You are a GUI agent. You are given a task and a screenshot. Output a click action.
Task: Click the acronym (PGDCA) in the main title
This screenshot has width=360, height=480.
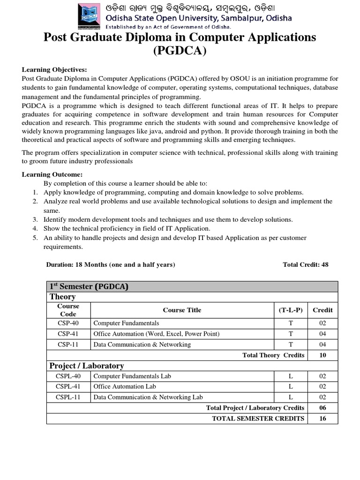[x=180, y=50]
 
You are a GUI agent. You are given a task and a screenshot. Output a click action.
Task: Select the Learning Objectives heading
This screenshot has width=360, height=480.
[x=54, y=69]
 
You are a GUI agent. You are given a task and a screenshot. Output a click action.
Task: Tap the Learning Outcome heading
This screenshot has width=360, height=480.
[x=52, y=174]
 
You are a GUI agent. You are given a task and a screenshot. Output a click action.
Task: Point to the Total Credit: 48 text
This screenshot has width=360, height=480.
[x=306, y=264]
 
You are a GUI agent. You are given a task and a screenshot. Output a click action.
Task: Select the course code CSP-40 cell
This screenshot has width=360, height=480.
[x=68, y=323]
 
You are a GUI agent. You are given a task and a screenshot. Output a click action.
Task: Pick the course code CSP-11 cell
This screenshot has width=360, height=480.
[x=68, y=345]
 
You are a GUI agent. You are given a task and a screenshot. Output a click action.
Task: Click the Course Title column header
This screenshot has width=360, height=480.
[x=182, y=310]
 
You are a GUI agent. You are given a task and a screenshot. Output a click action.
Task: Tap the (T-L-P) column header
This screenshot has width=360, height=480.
[x=290, y=310]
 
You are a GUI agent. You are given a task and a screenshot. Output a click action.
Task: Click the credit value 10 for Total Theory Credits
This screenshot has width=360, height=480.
[x=322, y=355]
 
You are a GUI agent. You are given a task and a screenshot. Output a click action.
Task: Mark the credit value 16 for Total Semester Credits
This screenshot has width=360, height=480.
[x=322, y=418]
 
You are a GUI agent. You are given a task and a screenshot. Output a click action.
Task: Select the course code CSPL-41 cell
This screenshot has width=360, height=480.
[x=68, y=386]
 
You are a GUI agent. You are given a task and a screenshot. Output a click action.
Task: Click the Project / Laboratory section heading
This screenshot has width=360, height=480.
[x=87, y=366]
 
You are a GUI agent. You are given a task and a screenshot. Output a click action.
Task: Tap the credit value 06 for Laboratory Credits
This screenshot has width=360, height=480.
[x=322, y=408]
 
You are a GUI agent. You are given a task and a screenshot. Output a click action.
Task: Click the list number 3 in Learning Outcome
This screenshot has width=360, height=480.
[x=35, y=219]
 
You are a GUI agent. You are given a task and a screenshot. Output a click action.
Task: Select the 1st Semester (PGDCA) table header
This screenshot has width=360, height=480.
[x=89, y=286]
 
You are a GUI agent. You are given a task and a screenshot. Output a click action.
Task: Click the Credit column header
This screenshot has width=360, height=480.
[x=322, y=310]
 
